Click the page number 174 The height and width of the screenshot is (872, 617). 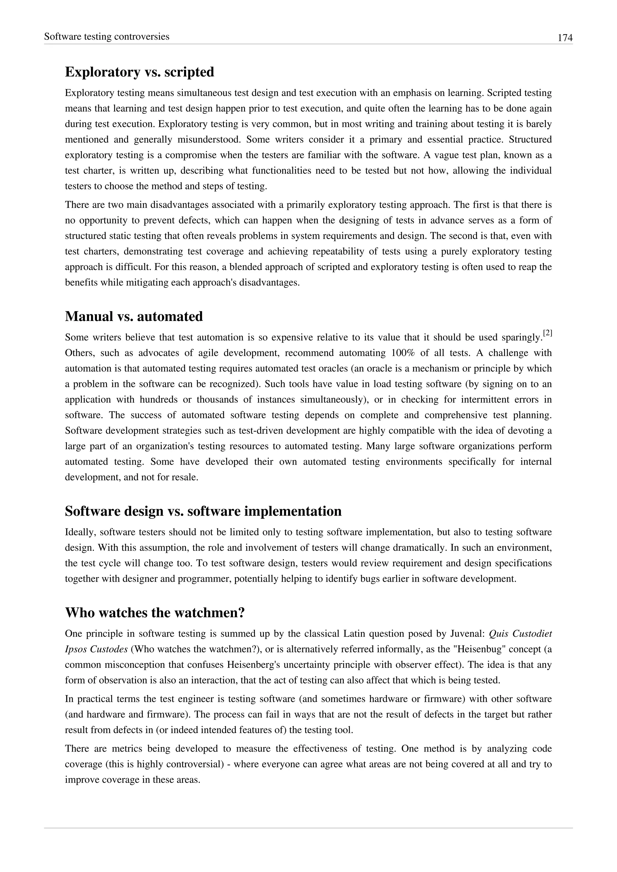tap(565, 38)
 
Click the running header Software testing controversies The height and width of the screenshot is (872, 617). tap(107, 36)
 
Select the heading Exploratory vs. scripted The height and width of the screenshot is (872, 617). tap(139, 72)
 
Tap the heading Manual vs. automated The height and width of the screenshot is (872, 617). tap(134, 316)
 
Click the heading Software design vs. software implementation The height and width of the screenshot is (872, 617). tap(203, 511)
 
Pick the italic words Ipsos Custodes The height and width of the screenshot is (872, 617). tap(96, 649)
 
